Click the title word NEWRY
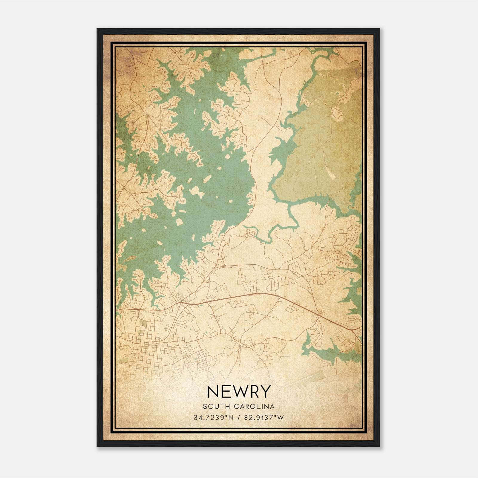(x=238, y=391)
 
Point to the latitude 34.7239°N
(x=212, y=417)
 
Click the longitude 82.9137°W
(x=264, y=417)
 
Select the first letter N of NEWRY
(x=212, y=391)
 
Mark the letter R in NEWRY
(x=254, y=391)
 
